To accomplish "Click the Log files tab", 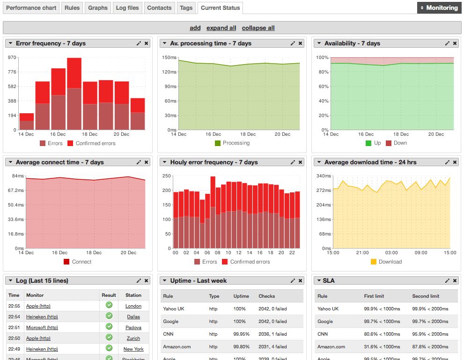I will click(127, 8).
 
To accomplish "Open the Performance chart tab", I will click(31, 8).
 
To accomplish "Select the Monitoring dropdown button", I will click(439, 8).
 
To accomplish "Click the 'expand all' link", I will click(221, 28).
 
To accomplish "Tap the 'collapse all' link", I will click(258, 28).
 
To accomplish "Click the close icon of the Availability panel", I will click(455, 44).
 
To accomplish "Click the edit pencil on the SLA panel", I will click(447, 281).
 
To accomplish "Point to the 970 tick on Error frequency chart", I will click(12, 58).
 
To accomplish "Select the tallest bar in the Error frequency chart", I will click(74, 94).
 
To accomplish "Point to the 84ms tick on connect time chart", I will click(18, 176).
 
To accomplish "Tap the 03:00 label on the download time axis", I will click(391, 253).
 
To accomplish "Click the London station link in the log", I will click(133, 306).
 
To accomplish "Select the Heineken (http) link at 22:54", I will click(42, 317).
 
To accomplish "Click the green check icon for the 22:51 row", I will click(109, 327).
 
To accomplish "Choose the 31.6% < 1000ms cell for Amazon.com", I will click(382, 347).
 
